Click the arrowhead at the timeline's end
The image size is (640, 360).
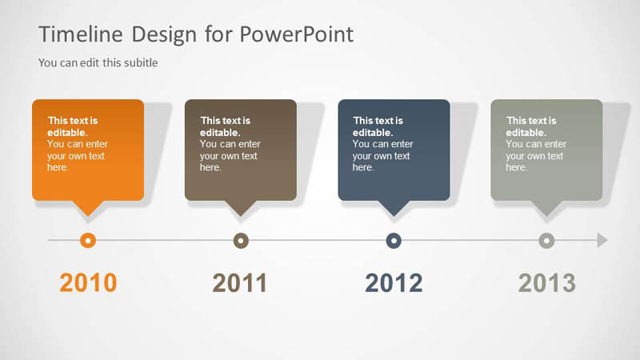click(602, 240)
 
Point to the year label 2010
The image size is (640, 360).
click(88, 282)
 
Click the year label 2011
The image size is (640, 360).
click(240, 282)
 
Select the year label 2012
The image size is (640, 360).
click(394, 282)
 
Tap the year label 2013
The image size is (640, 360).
click(547, 282)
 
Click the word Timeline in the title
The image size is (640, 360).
click(81, 34)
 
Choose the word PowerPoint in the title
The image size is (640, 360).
click(297, 34)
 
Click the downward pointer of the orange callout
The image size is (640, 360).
click(88, 208)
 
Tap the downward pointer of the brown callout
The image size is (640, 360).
click(241, 208)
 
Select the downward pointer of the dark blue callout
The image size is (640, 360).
click(394, 208)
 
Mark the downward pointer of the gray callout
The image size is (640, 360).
click(546, 208)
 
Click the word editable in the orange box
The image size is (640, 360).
click(66, 133)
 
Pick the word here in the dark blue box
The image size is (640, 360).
click(362, 167)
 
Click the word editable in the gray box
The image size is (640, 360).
click(525, 133)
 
